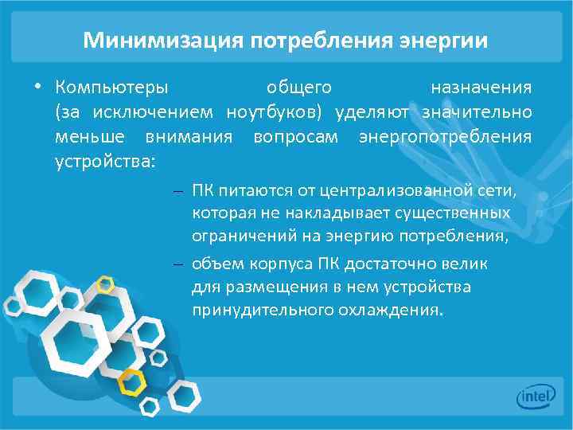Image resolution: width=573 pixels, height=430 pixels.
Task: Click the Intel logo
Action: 535,396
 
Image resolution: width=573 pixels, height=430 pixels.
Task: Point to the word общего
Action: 299,86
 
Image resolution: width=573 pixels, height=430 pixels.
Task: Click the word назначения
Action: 481,86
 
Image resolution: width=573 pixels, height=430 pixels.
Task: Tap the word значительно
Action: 477,111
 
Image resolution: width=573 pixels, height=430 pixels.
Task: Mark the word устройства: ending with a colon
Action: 106,162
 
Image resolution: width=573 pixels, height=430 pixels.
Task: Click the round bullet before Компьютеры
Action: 37,86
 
